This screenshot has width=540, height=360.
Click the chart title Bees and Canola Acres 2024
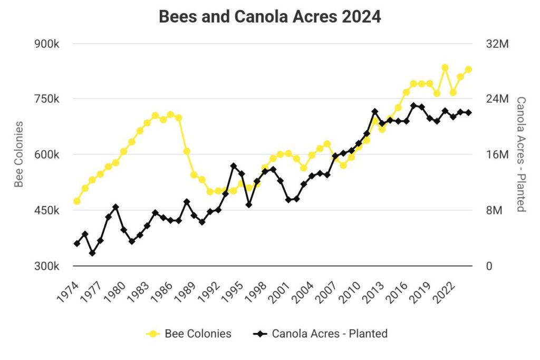[269, 16]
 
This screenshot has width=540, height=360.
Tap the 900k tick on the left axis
[46, 44]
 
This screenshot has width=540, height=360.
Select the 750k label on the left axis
[46, 99]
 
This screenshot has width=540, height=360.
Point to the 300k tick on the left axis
[46, 266]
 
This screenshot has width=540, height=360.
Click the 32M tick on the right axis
[496, 44]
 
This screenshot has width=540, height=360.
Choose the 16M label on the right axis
[496, 155]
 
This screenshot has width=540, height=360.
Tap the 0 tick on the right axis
[489, 266]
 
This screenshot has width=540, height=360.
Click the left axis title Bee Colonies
[19, 154]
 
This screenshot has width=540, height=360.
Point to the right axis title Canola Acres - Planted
[521, 154]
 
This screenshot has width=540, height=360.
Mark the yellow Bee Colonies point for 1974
[77, 201]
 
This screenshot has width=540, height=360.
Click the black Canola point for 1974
[77, 244]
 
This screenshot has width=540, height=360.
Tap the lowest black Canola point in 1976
[92, 253]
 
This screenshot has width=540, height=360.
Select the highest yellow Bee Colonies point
[445, 67]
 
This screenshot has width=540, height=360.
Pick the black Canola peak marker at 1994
[234, 166]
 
